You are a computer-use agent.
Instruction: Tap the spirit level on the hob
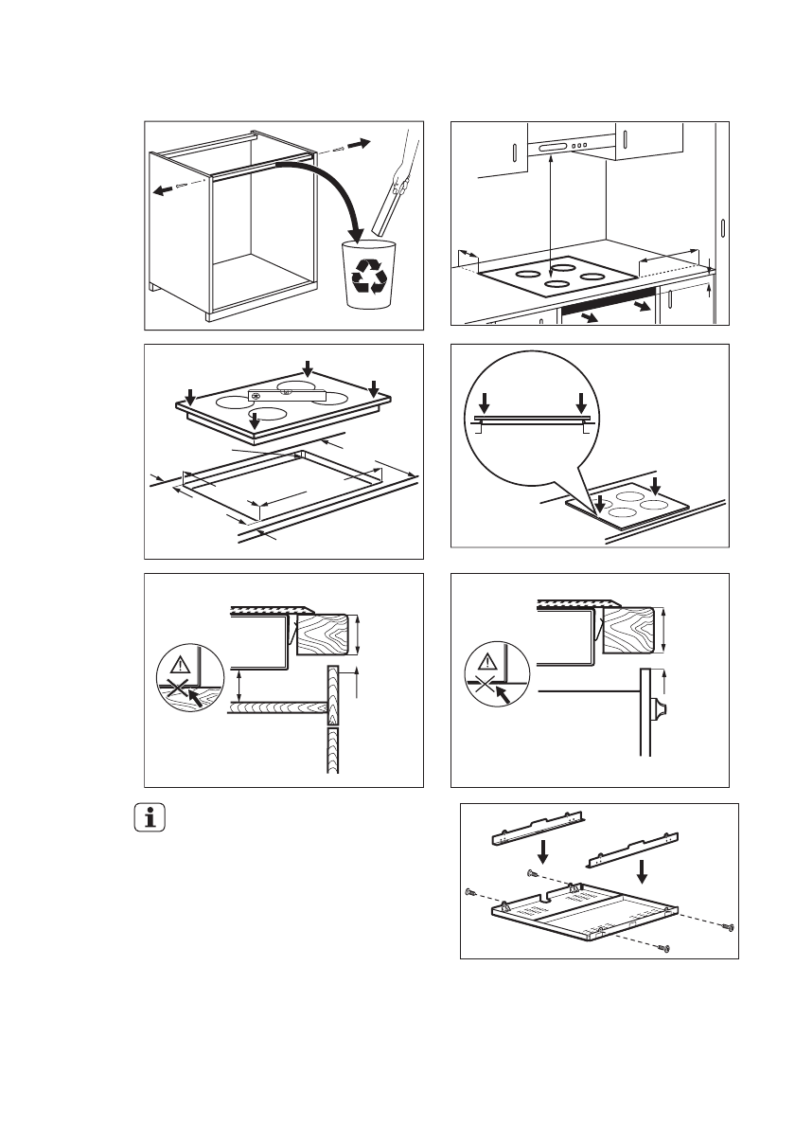tap(285, 395)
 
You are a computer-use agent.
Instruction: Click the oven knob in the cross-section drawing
tap(660, 709)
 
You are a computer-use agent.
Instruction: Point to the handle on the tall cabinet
tap(721, 230)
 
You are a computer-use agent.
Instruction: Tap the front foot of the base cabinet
tap(209, 317)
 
